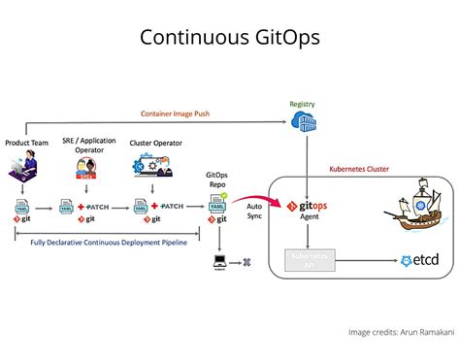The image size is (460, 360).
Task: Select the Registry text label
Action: [303, 104]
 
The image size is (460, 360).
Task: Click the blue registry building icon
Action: [303, 122]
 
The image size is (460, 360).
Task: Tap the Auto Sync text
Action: [255, 211]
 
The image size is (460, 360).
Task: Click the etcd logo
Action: [420, 261]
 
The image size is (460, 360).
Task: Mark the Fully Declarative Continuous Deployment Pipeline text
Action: [109, 242]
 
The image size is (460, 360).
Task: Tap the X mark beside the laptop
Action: [246, 262]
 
